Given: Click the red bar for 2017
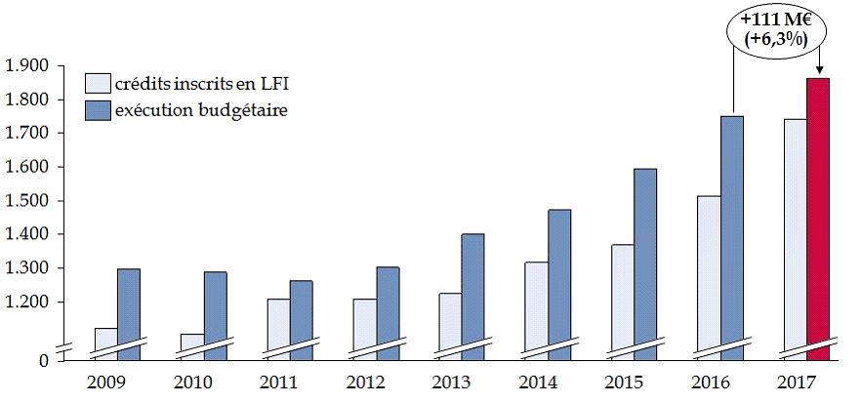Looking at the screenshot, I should (x=818, y=215).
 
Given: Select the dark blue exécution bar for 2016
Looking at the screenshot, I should (x=731, y=234).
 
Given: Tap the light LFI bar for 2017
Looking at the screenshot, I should (x=795, y=234).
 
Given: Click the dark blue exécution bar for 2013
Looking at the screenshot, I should (x=472, y=293).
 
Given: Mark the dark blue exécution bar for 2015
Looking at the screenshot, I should (x=644, y=263).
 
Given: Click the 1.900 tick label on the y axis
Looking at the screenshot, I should (x=27, y=65).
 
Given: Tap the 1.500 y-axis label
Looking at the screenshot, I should (x=27, y=201).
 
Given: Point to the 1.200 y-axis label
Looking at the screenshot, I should (x=27, y=302).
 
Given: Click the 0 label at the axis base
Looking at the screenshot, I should (x=42, y=362).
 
